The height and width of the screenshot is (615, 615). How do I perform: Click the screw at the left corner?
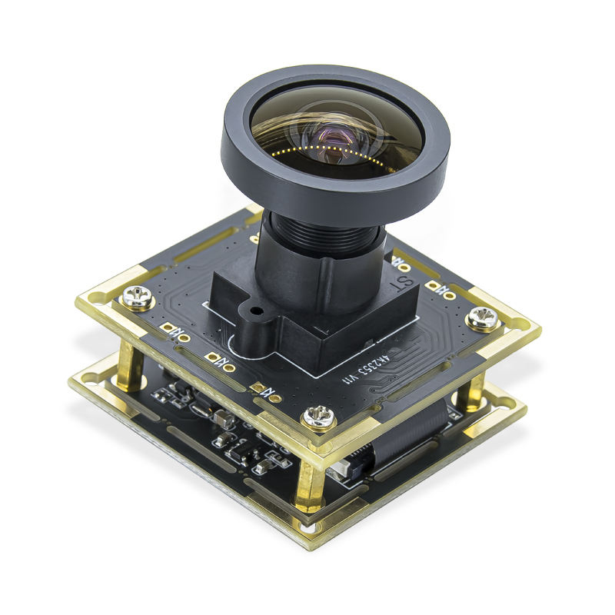[x=138, y=297]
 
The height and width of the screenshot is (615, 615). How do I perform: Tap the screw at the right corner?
[x=484, y=317]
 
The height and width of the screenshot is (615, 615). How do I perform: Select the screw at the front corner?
[x=317, y=417]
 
